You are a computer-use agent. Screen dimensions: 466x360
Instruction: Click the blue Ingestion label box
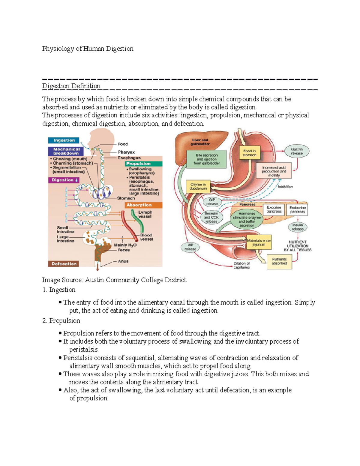click(64, 140)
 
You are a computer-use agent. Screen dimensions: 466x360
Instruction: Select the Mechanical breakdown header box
click(66, 151)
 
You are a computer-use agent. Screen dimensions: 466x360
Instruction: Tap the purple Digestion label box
click(64, 180)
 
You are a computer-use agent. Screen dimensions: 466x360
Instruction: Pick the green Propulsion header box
click(144, 164)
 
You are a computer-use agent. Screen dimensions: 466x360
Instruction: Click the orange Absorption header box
click(144, 205)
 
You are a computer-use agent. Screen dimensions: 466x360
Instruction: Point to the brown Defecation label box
click(64, 264)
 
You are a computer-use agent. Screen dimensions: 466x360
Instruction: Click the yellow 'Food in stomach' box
click(249, 153)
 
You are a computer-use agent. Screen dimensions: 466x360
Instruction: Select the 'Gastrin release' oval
click(296, 151)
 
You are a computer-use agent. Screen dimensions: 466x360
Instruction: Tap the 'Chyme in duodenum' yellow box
click(198, 187)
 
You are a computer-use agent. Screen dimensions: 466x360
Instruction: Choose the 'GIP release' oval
click(212, 202)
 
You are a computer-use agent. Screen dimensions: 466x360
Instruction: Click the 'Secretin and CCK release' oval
click(211, 218)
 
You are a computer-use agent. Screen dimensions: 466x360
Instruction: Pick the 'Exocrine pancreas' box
click(274, 209)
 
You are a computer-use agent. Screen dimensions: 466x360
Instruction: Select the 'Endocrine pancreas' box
click(297, 209)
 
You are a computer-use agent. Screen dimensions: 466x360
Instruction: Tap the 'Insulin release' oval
click(298, 227)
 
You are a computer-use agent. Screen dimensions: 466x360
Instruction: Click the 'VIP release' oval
click(190, 247)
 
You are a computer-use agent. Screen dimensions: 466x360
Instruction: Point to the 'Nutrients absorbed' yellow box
click(279, 261)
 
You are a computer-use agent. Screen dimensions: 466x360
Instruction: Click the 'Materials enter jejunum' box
click(259, 242)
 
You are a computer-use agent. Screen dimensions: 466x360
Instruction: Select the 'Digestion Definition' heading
click(71, 86)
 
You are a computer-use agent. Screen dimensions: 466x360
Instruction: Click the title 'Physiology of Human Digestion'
click(88, 49)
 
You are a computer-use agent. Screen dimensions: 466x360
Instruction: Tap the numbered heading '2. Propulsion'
click(61, 321)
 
